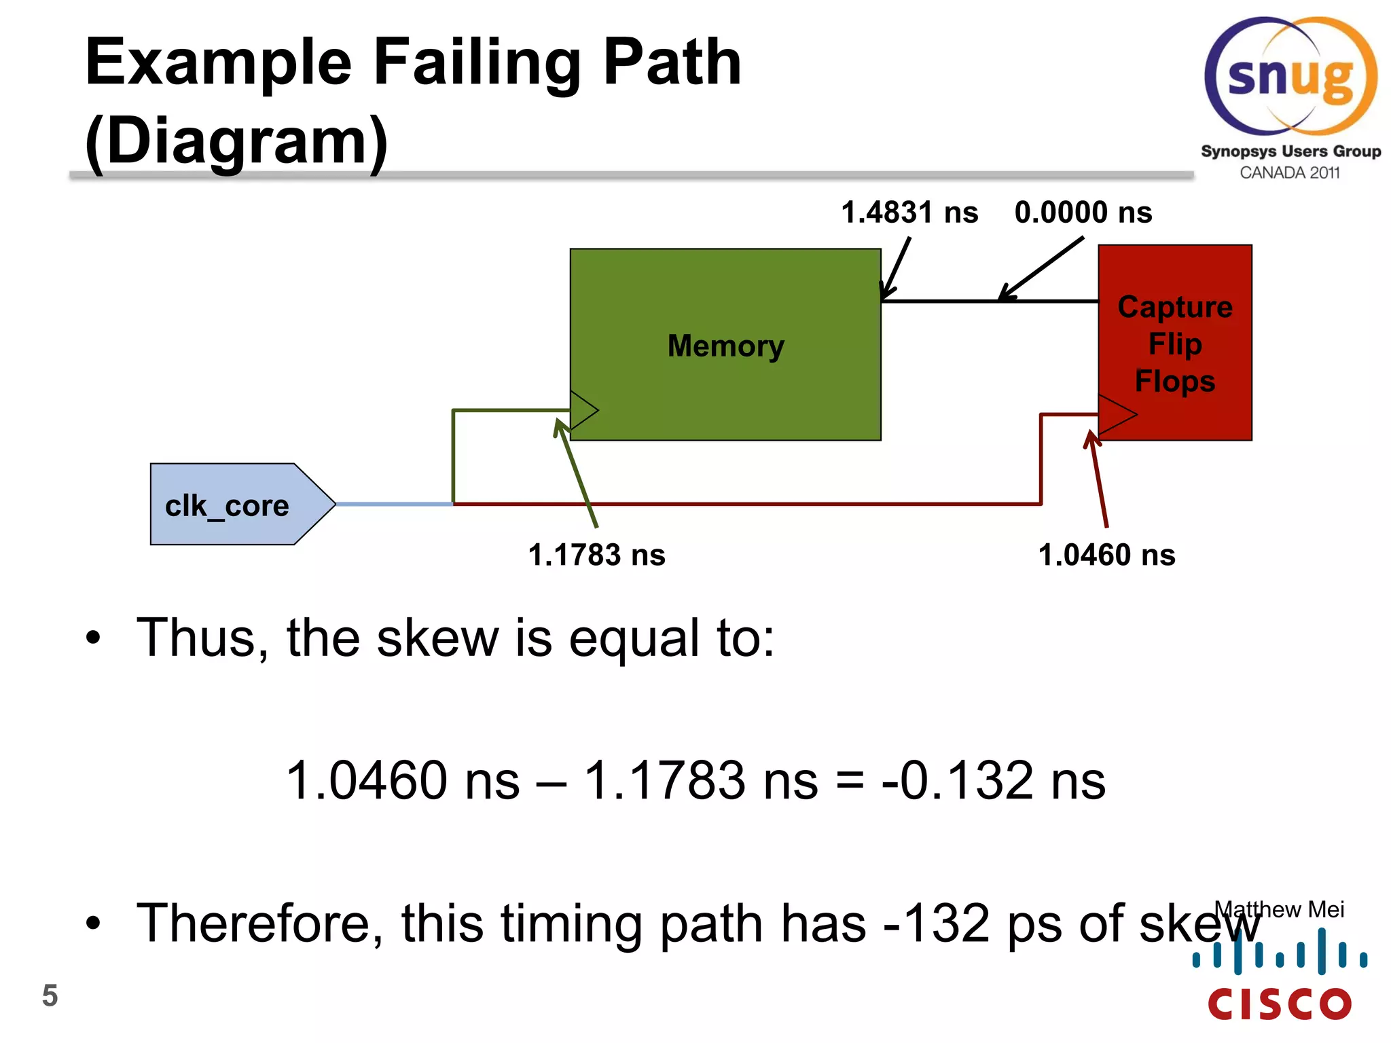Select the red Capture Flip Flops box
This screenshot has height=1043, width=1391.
pos(1175,343)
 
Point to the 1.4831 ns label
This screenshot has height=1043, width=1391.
pos(909,213)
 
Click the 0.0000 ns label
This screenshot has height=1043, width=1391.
pos(1083,213)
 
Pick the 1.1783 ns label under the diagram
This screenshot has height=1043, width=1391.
pos(597,555)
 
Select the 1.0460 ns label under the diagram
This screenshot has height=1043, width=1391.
pos(1107,555)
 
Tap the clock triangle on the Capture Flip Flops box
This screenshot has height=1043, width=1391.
pos(1116,414)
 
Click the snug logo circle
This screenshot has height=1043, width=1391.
pos(1290,76)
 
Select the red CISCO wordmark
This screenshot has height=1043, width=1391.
pos(1280,1004)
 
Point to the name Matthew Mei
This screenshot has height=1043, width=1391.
pos(1280,909)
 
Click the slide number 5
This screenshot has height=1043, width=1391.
pos(50,995)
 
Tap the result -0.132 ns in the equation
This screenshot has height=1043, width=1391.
pos(993,780)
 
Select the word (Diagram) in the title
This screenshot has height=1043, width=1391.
pos(236,141)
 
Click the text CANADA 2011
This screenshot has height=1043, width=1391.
pos(1290,173)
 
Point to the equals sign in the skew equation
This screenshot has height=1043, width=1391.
pos(850,781)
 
